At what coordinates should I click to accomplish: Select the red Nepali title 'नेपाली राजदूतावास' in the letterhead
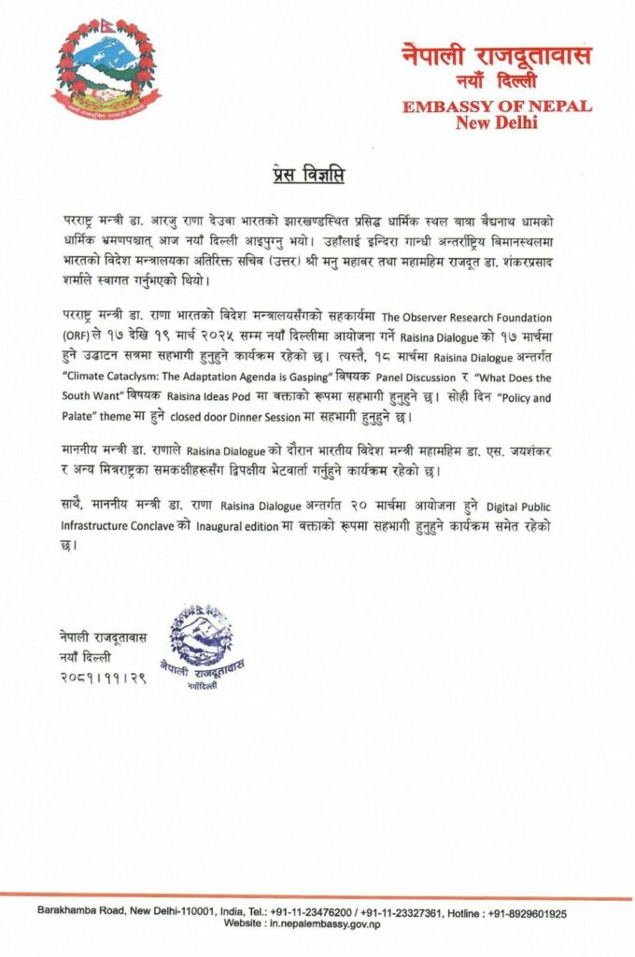point(496,55)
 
